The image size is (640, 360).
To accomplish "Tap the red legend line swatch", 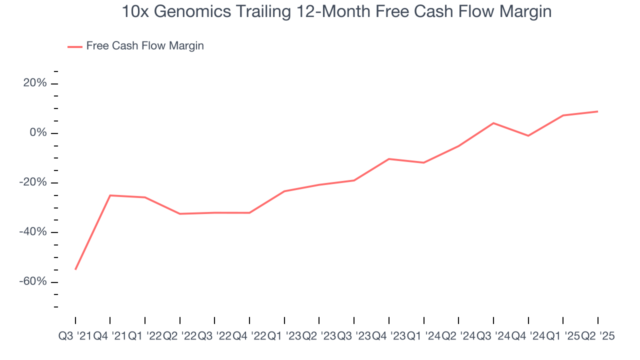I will [74, 46].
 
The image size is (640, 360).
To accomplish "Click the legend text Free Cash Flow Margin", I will [145, 46].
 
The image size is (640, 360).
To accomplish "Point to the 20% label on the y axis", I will [35, 83].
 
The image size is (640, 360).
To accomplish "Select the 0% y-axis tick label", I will [38, 133].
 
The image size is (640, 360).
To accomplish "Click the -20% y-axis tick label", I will [33, 182].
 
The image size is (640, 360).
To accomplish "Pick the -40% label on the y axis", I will [33, 232].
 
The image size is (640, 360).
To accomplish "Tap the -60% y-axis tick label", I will [33, 281].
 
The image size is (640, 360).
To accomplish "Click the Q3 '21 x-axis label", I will [75, 336].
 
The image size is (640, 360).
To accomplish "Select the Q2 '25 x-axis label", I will [597, 336].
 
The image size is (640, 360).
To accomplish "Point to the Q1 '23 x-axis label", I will [284, 336].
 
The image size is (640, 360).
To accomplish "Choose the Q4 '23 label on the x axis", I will [388, 336].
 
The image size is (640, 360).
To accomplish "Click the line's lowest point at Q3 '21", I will [75, 269].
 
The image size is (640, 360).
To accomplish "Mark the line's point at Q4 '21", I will [110, 195].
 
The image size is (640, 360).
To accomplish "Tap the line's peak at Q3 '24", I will [493, 123].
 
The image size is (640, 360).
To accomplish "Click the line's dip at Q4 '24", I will [528, 136].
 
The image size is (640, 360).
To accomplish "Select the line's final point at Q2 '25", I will [598, 111].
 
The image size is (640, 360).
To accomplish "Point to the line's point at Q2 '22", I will [179, 214].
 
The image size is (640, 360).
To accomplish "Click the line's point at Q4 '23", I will [388, 159].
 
